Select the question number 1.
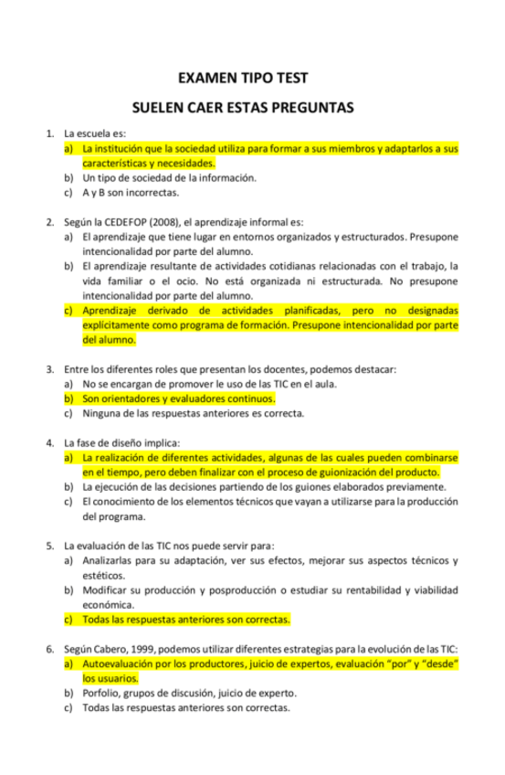tap(49, 133)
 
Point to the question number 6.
tap(49, 648)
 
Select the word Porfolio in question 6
tap(100, 693)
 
